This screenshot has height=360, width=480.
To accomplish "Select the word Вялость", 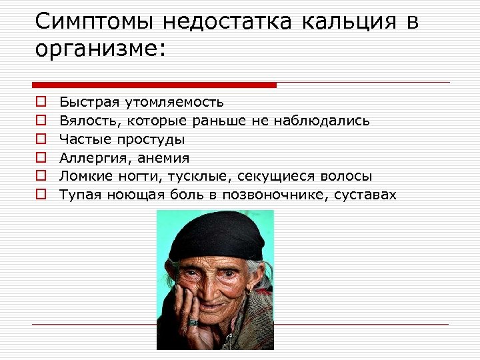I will coord(83,121).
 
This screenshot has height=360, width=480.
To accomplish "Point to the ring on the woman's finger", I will coord(193,322).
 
